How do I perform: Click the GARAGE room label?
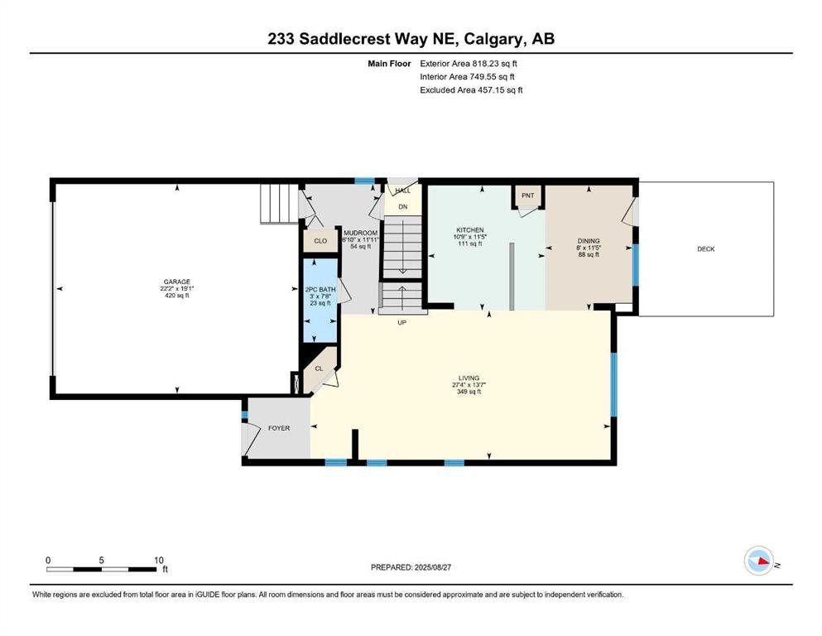point(176,282)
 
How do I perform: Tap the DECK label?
point(705,249)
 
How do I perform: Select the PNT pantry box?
point(528,196)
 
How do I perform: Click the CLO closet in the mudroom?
point(320,241)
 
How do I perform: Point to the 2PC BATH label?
point(320,289)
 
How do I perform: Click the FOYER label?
point(279,428)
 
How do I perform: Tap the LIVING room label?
point(469,378)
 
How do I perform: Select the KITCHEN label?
point(469,230)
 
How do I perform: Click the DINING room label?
point(589,241)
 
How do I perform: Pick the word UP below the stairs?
point(401,322)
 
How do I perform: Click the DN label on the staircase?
point(402,206)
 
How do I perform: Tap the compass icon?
point(759,561)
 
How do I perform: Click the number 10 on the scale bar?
point(159,560)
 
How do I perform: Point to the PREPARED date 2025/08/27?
point(432,567)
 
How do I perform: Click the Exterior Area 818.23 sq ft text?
point(469,64)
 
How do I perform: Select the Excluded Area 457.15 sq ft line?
point(471,89)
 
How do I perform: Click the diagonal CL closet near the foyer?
point(320,369)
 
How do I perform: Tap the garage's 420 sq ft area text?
point(176,296)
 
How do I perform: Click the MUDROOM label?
point(361,233)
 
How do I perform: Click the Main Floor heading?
point(389,64)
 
